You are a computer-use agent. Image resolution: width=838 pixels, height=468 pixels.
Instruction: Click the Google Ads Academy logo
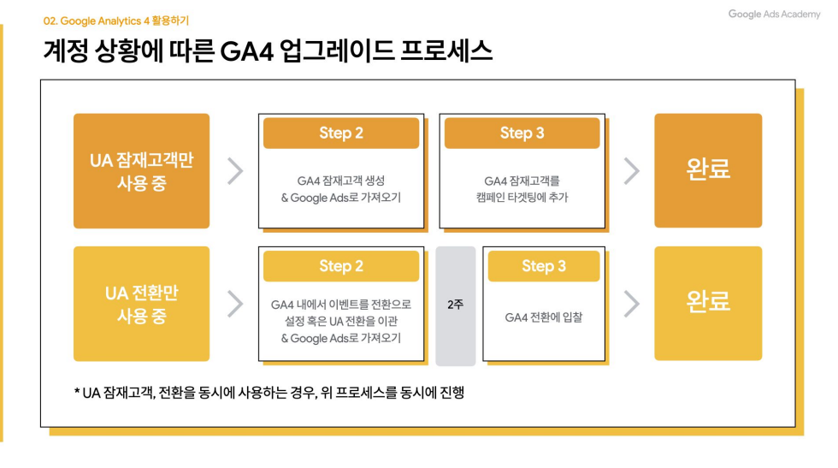[x=774, y=15]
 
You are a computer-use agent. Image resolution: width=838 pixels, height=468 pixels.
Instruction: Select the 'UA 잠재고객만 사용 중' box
[x=141, y=171]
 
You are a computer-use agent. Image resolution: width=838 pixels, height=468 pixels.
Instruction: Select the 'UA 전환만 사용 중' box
[x=141, y=304]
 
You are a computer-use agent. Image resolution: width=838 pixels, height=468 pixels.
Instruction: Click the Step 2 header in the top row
[x=341, y=133]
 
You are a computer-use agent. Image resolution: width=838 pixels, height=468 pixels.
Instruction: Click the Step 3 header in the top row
[x=522, y=133]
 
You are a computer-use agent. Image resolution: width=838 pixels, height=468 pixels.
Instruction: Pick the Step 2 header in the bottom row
[x=341, y=266]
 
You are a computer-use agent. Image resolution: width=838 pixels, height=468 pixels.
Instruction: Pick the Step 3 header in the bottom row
[x=544, y=266]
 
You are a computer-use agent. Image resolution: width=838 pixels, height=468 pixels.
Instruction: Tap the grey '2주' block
[x=455, y=305]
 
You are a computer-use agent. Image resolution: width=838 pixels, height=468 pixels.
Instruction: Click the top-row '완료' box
[x=708, y=169]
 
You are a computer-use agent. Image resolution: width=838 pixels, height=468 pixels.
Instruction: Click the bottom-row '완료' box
[x=708, y=303]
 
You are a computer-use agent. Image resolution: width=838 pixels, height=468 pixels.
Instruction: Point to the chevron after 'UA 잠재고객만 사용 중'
[x=235, y=171]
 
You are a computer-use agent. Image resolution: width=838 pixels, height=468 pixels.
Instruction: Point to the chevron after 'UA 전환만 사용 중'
[x=235, y=304]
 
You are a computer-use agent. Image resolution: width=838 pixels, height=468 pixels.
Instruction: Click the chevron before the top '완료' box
[x=631, y=171]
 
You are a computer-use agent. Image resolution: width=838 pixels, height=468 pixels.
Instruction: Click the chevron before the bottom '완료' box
[x=631, y=304]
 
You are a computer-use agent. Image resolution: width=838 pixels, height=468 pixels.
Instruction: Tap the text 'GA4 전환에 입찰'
[x=544, y=317]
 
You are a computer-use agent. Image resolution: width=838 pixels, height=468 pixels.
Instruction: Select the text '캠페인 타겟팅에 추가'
[x=522, y=198]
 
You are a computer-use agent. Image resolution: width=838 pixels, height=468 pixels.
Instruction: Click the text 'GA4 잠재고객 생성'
[x=341, y=181]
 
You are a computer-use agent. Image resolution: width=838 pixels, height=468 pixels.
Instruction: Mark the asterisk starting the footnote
[x=77, y=393]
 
